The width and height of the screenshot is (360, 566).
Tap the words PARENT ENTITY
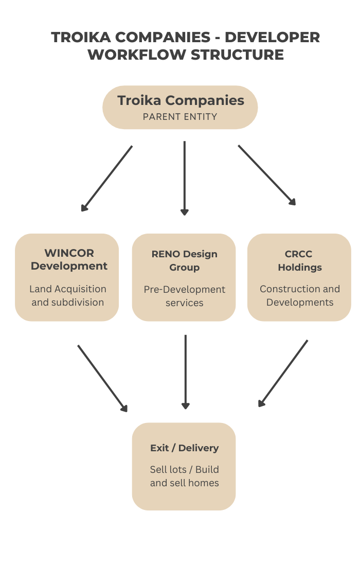point(180,117)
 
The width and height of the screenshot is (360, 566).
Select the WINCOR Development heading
point(69,259)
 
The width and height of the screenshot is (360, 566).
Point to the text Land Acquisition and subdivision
point(68,296)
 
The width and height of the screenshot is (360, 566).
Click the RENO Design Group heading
point(185,261)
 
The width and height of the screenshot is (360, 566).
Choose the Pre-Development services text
point(185,296)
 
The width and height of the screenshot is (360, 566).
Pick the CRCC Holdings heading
point(299,261)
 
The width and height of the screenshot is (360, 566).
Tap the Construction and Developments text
point(300,296)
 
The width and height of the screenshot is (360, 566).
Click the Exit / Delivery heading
point(184,448)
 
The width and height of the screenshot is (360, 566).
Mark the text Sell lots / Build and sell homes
point(184,476)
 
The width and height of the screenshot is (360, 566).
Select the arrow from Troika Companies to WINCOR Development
point(107,178)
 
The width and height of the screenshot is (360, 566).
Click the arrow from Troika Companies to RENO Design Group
point(185,178)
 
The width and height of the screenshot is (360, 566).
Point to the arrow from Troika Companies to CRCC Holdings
point(267,175)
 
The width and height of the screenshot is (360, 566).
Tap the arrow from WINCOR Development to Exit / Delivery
point(102,378)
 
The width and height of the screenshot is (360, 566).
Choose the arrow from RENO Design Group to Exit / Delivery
point(185,372)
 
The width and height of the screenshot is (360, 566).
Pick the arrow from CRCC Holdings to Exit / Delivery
point(283,373)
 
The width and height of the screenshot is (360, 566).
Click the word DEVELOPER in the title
point(273,38)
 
